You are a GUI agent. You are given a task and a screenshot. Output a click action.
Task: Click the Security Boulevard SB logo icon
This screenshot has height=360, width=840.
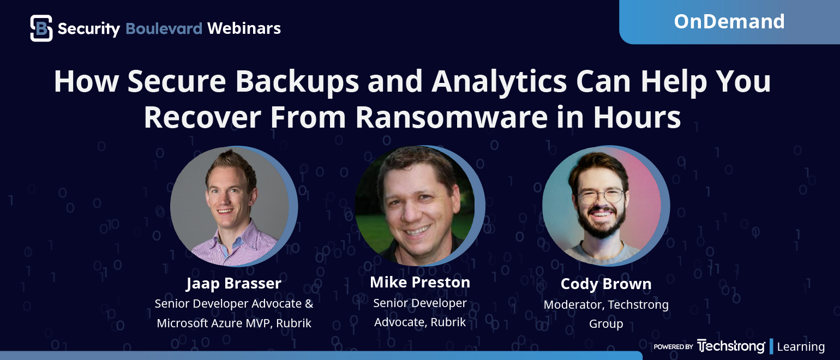41,28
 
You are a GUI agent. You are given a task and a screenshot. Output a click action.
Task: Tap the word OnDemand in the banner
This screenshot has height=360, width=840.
729,21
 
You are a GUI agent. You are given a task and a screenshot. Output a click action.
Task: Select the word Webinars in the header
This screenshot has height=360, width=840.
244,28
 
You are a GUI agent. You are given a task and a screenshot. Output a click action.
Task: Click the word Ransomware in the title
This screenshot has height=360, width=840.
452,117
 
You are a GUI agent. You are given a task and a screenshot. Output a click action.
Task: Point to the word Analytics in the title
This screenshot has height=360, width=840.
499,81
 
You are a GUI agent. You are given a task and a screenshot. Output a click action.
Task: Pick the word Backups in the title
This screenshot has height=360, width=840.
297,81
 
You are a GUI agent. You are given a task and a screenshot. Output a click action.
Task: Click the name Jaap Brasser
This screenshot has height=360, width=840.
233,284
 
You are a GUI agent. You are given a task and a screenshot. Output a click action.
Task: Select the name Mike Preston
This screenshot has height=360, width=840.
420,282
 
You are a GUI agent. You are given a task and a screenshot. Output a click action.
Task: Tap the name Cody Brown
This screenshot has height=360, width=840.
606,284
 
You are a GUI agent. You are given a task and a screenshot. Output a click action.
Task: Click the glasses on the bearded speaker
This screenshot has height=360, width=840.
601,196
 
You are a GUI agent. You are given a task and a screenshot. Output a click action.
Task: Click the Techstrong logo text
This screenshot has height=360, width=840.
731,346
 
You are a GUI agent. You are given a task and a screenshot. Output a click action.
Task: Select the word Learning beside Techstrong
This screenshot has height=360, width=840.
801,347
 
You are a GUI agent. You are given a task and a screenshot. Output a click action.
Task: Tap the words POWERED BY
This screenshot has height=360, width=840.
674,347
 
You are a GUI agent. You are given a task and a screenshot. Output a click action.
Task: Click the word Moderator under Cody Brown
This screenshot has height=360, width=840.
574,304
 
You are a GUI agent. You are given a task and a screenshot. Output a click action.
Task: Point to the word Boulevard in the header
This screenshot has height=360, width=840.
164,28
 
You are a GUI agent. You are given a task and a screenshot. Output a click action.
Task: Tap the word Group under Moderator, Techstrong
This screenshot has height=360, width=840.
606,323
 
